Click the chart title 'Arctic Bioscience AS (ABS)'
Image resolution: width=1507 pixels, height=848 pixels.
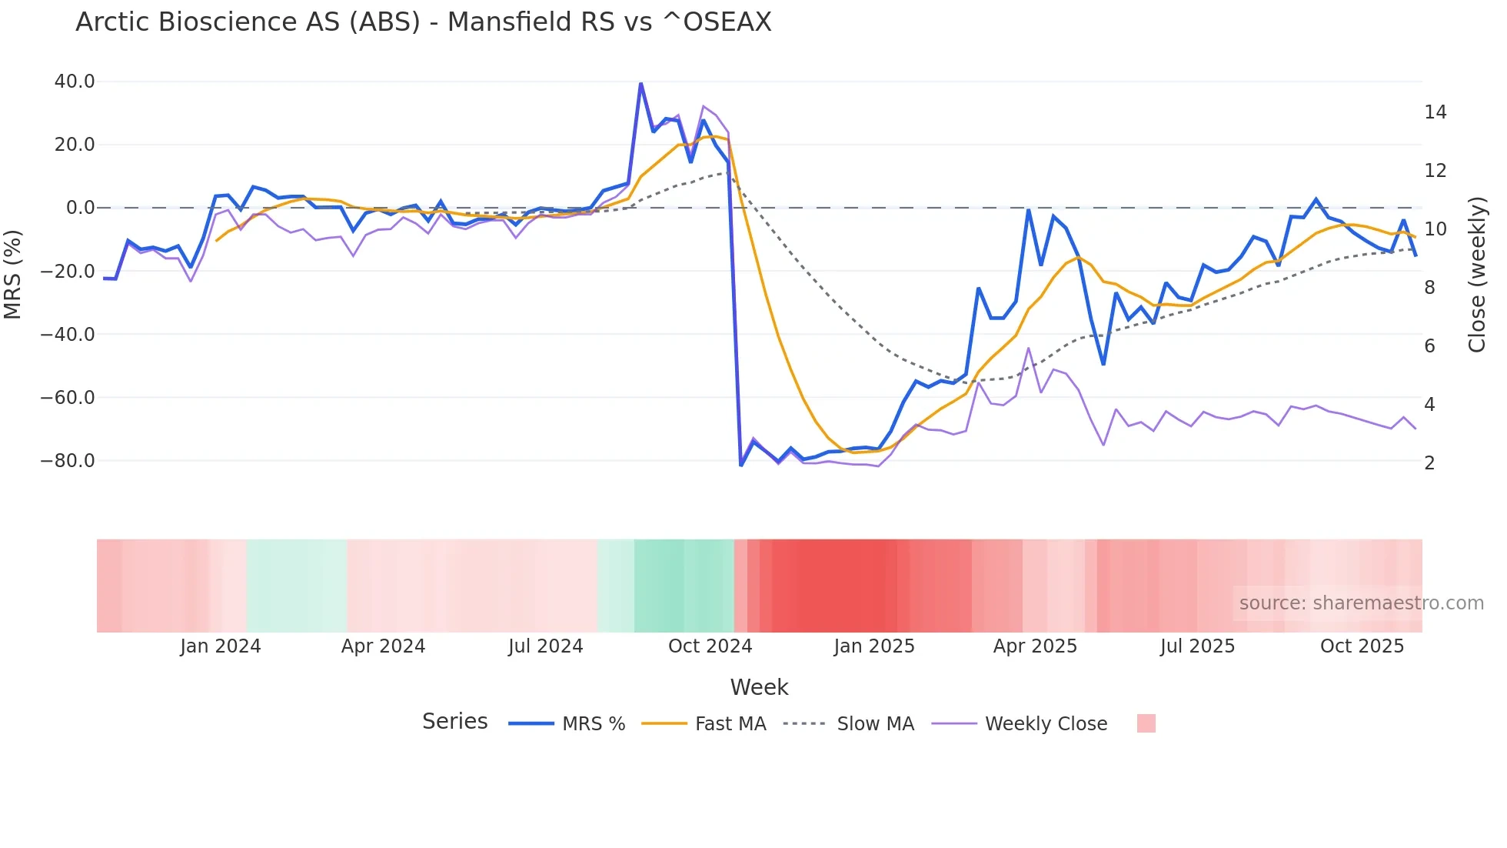click(423, 22)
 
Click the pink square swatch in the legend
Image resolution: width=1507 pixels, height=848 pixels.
click(1146, 723)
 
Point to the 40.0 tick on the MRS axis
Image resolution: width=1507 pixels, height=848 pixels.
click(75, 82)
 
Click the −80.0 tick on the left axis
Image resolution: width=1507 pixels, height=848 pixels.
click(68, 461)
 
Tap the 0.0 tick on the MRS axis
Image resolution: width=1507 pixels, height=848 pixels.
click(81, 208)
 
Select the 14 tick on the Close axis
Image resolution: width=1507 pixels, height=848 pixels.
click(1435, 112)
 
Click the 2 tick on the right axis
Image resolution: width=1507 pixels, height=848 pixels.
click(1429, 463)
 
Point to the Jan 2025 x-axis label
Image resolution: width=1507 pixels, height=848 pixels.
click(874, 646)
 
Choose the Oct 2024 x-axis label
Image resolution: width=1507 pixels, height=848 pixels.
click(710, 646)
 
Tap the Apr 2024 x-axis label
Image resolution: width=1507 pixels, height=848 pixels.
click(383, 646)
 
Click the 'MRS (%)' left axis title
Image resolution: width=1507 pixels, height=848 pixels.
click(13, 274)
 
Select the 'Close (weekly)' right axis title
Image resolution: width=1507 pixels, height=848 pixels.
click(1477, 274)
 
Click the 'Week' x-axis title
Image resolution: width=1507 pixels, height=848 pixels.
click(759, 687)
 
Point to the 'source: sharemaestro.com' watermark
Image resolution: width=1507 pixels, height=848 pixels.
click(1361, 603)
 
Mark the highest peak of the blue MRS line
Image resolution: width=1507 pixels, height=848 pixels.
click(640, 84)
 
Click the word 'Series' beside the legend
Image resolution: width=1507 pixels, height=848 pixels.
click(454, 722)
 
